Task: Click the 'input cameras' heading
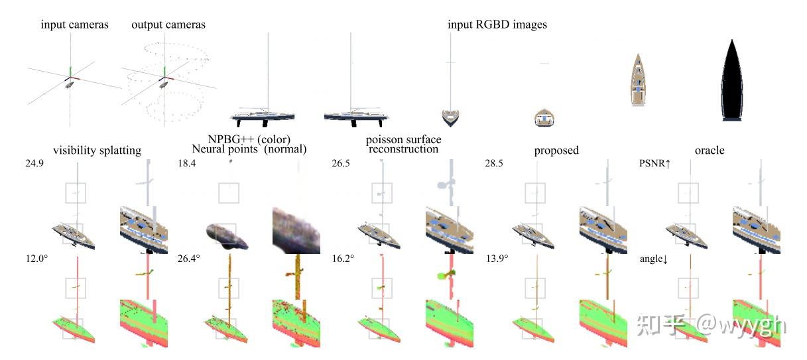[x=74, y=25]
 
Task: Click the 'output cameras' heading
[x=168, y=25]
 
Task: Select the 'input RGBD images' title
[x=497, y=25]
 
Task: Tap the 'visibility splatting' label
[x=97, y=150]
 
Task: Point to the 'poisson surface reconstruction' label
[x=403, y=145]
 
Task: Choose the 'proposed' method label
[x=556, y=150]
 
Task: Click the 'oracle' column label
[x=709, y=150]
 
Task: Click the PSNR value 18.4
[x=187, y=162]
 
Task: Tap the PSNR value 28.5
[x=494, y=162]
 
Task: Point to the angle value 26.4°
[x=189, y=258]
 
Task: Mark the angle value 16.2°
[x=342, y=258]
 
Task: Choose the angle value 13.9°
[x=497, y=258]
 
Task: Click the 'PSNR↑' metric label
[x=654, y=162]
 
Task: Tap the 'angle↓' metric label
[x=654, y=259]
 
